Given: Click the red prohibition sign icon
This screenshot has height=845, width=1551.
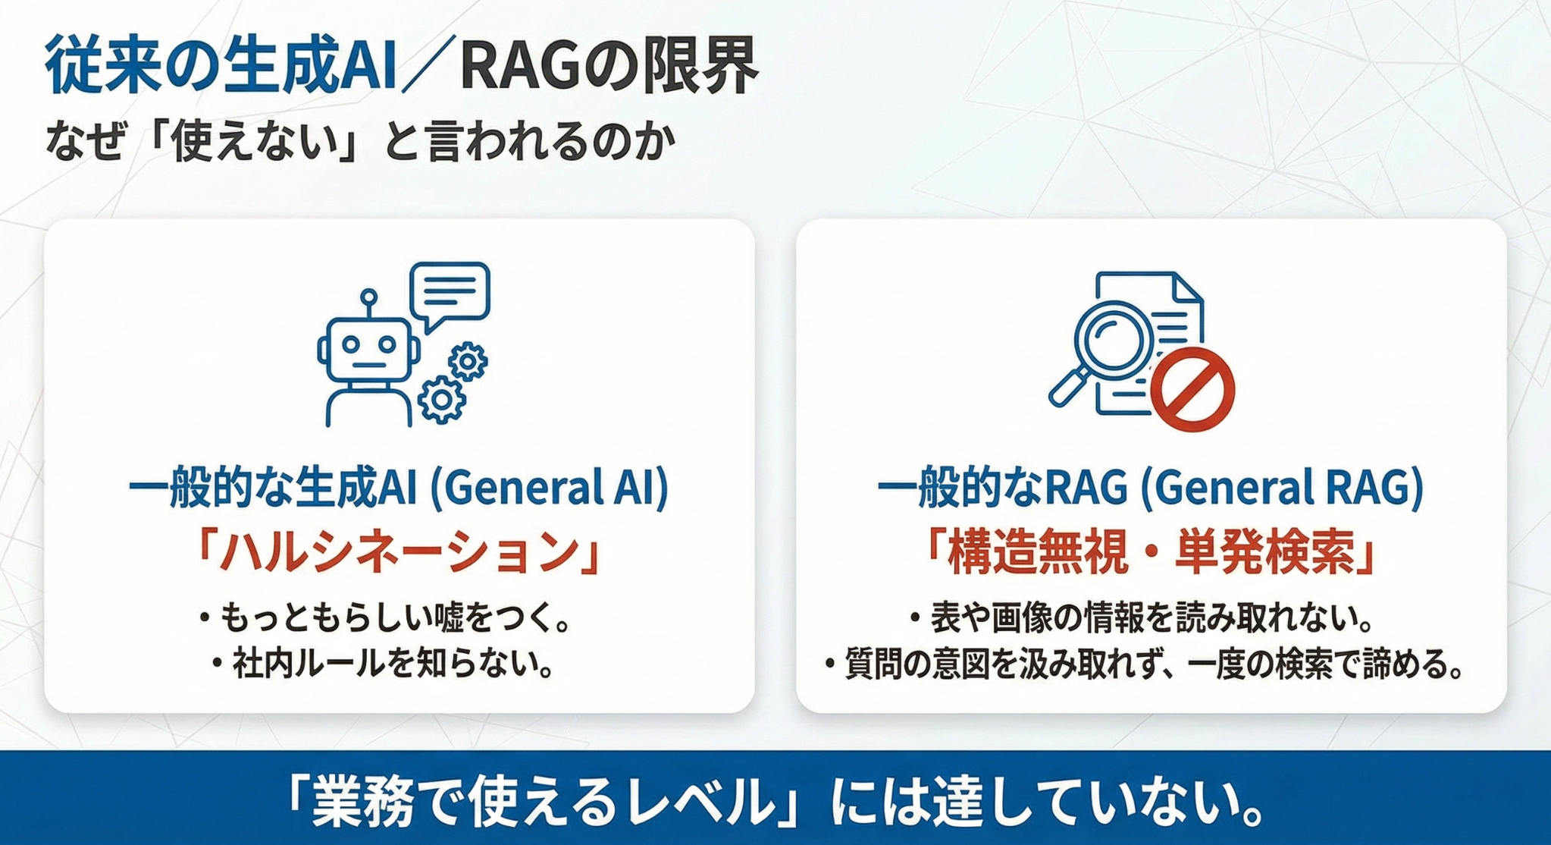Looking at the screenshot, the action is coord(1192,389).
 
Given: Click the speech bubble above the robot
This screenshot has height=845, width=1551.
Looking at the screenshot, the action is coord(450,296).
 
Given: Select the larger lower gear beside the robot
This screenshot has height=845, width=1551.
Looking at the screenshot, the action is coord(441,399).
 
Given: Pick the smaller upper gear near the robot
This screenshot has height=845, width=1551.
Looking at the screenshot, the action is coord(468,362).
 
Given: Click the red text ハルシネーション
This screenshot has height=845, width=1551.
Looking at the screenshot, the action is coord(399,551).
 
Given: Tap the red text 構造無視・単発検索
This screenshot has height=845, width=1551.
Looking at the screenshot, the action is coord(1150,551).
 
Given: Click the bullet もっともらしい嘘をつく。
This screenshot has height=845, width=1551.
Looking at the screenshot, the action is coord(385,618).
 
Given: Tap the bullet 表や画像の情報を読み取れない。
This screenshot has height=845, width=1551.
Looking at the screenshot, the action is coord(1143,618).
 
